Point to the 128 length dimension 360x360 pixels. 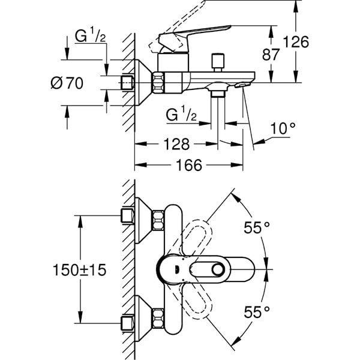tap(176, 144)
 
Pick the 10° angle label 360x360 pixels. tap(284, 128)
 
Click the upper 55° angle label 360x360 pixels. tap(257, 227)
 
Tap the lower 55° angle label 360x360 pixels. tap(257, 311)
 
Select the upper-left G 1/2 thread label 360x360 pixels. tap(89, 37)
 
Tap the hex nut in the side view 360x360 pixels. tap(158, 82)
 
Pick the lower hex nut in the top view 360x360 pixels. tap(158, 317)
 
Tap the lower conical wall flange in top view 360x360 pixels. tap(143, 317)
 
